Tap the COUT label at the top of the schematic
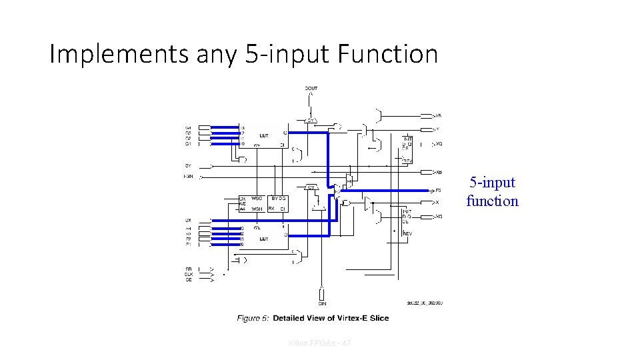click(311, 87)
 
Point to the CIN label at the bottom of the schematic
click(321, 303)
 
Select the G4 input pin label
click(189, 127)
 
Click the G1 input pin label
click(189, 143)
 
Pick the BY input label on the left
click(188, 165)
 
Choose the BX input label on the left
click(188, 220)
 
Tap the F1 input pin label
click(189, 245)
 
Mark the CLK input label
click(189, 275)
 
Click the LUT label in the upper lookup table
click(264, 135)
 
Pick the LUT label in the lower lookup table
click(264, 238)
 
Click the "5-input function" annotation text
click(492, 191)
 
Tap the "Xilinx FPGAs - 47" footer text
click(321, 343)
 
